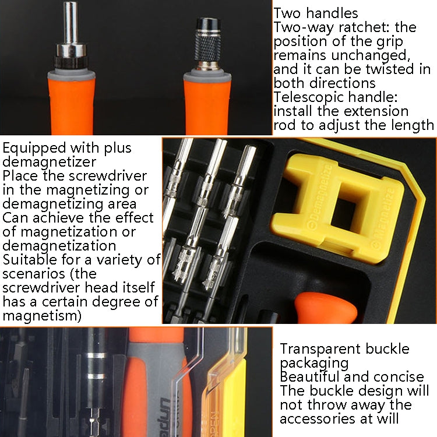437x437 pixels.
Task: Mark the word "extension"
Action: tap(374, 111)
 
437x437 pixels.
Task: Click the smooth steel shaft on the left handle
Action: tap(71, 23)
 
